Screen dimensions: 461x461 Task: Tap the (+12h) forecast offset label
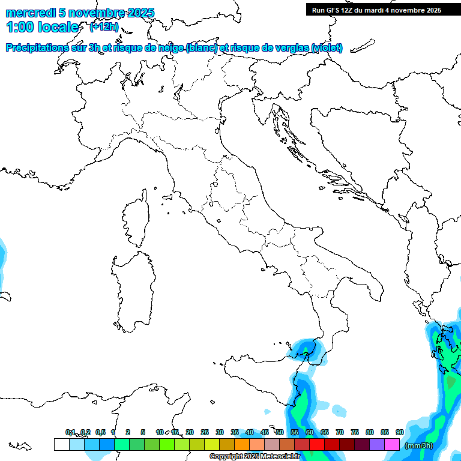pyautogui.click(x=103, y=27)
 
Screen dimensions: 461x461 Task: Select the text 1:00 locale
pyautogui.click(x=42, y=27)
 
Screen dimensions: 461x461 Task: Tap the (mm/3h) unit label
pyautogui.click(x=418, y=445)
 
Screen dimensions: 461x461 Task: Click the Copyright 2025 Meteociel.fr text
pyautogui.click(x=255, y=457)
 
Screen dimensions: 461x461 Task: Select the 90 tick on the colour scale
pyautogui.click(x=400, y=432)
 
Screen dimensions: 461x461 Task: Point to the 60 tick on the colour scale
pyautogui.click(x=310, y=432)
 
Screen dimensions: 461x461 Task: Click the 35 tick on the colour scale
pyautogui.click(x=235, y=432)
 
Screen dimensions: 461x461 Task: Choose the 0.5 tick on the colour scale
pyautogui.click(x=100, y=432)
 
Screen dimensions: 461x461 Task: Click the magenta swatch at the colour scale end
pyautogui.click(x=392, y=444)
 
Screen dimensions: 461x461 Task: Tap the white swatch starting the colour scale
pyautogui.click(x=61, y=444)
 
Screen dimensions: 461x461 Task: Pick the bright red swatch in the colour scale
pyautogui.click(x=317, y=444)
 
